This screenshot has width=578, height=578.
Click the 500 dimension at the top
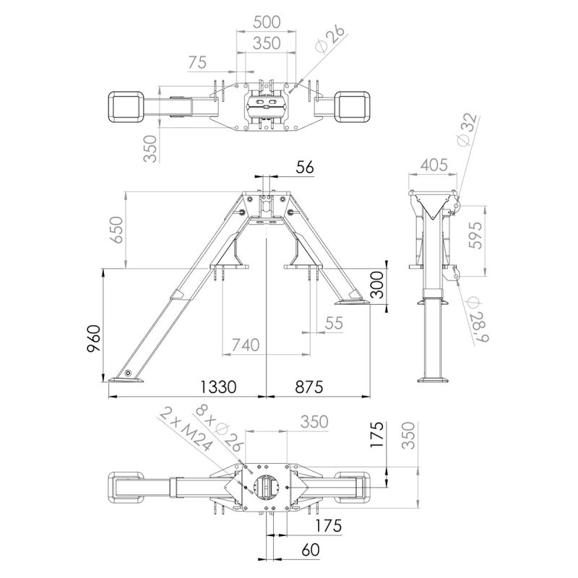point(267,22)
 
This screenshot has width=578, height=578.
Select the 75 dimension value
point(197,63)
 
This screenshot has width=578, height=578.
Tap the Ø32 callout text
point(467,129)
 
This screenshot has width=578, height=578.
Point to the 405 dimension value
point(434,165)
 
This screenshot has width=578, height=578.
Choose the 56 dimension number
point(305,168)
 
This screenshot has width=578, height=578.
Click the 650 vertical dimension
point(116,229)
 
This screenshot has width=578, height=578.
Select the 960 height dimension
point(94,338)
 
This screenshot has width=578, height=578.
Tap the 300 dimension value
point(376,285)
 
